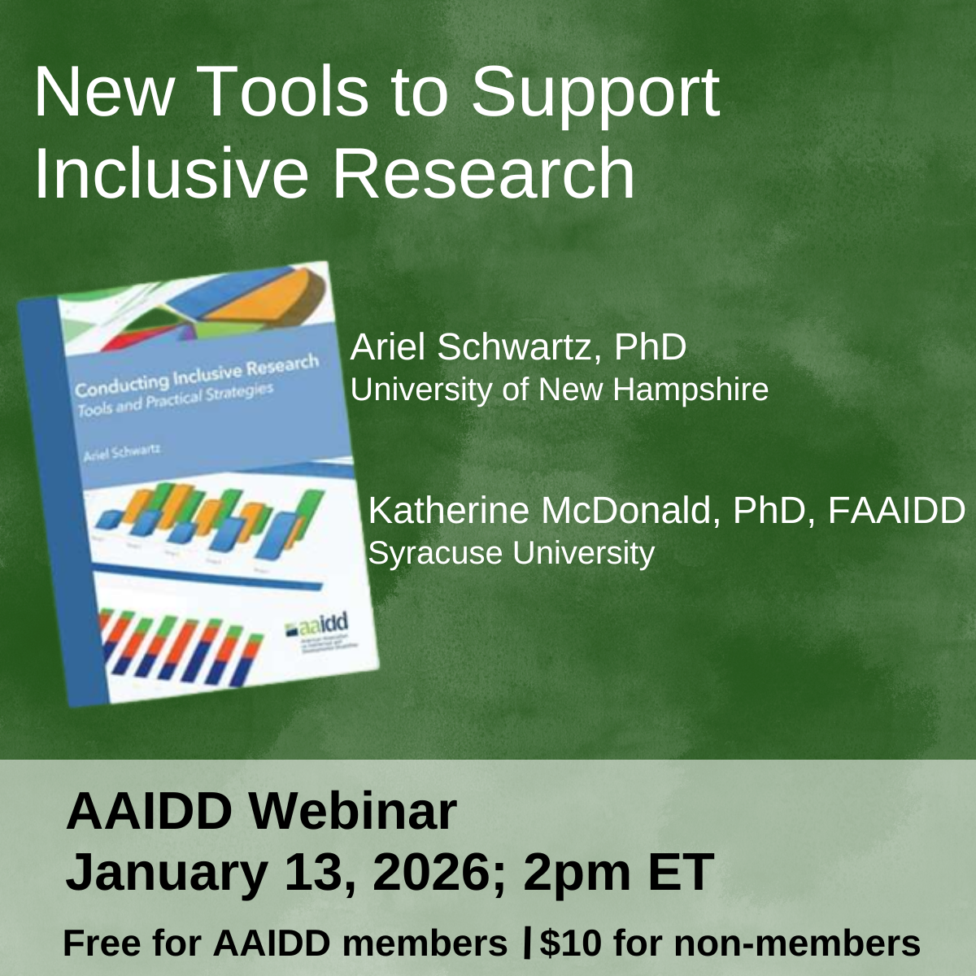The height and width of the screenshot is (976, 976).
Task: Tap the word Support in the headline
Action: pyautogui.click(x=595, y=92)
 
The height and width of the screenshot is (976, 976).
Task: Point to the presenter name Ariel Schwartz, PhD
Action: pyautogui.click(x=518, y=347)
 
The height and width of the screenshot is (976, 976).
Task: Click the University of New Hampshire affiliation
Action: pyautogui.click(x=559, y=390)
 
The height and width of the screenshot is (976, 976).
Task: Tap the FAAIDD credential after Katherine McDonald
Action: pyautogui.click(x=896, y=511)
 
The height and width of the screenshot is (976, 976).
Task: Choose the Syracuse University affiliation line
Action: pyautogui.click(x=511, y=553)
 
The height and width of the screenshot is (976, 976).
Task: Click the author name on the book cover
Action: pyautogui.click(x=122, y=452)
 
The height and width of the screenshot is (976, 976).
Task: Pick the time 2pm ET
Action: pyautogui.click(x=618, y=872)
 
